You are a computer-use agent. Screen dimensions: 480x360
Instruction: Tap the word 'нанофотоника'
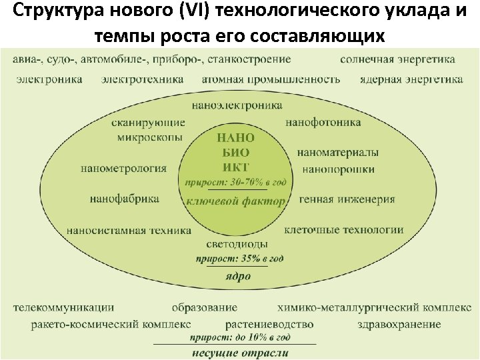click(x=323, y=123)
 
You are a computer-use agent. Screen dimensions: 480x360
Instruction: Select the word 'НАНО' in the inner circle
click(x=235, y=138)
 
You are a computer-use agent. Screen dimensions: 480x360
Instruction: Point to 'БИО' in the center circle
click(x=235, y=153)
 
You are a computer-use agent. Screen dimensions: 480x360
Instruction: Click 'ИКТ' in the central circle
click(x=235, y=167)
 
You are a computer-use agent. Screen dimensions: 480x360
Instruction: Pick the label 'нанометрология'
click(x=123, y=169)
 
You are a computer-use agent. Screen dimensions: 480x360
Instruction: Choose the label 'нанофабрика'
click(x=125, y=199)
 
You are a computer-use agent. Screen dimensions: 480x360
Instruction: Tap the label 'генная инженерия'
click(x=347, y=199)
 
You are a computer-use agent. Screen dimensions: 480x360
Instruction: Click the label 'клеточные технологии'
click(x=343, y=230)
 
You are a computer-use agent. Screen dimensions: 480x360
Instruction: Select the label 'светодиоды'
click(x=237, y=244)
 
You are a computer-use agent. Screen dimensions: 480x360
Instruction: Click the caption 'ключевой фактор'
click(x=235, y=201)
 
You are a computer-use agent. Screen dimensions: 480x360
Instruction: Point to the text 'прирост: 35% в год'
click(x=239, y=259)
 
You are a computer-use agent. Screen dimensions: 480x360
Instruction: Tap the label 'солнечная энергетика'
click(x=397, y=59)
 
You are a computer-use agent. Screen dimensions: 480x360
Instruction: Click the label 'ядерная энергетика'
click(x=411, y=79)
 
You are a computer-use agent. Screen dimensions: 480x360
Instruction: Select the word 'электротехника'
click(x=143, y=79)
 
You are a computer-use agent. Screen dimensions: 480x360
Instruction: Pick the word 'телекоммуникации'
click(x=63, y=308)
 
